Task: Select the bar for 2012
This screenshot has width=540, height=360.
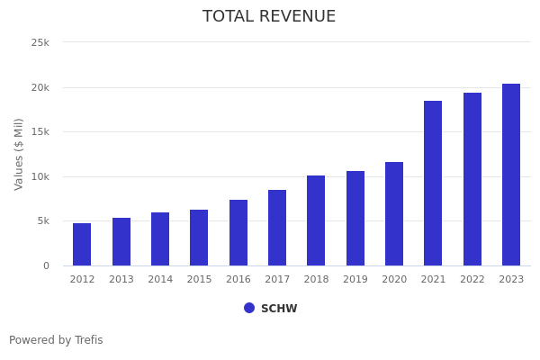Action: point(82,244)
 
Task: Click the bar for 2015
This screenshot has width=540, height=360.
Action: point(199,238)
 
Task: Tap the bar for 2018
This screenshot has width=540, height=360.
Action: point(316,220)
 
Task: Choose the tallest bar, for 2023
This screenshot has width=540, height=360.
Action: point(511,175)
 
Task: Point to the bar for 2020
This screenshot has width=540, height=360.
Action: point(394,213)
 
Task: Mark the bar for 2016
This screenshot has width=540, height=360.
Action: point(238,232)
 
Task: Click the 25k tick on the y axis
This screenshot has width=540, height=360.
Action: point(40,42)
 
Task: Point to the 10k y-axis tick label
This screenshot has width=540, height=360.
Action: point(40,176)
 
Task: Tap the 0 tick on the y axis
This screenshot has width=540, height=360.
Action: point(45,265)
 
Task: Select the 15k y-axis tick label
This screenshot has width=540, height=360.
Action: point(40,131)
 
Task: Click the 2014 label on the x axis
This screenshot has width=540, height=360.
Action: point(160,279)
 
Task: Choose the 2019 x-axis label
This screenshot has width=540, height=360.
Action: point(355,279)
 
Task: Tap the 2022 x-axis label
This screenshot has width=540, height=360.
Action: point(472,279)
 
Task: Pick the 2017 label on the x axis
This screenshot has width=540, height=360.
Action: point(277,279)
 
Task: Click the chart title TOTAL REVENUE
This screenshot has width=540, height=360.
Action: point(269,17)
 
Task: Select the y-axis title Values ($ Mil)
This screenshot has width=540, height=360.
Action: point(19,154)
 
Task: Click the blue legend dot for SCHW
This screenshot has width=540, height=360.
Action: point(249,308)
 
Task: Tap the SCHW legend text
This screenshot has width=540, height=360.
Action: point(279,309)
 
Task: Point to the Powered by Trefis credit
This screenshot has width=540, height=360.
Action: point(56,340)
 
